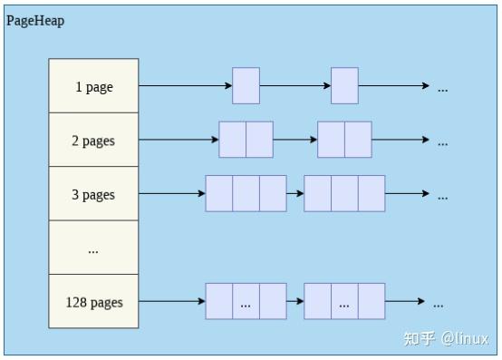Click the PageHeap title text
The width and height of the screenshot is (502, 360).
tap(36, 20)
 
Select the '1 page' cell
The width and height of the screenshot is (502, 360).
tap(93, 86)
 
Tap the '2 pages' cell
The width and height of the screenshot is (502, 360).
tap(93, 141)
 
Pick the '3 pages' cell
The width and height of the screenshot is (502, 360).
tap(93, 194)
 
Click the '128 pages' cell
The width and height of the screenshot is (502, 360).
tap(93, 301)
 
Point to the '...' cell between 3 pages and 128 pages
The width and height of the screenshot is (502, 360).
tap(93, 248)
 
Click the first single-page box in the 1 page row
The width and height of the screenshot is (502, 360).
tap(246, 86)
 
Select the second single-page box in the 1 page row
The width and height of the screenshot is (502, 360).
tap(344, 86)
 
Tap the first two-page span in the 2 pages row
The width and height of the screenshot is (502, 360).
tap(246, 141)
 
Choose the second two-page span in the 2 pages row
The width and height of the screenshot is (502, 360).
tap(344, 141)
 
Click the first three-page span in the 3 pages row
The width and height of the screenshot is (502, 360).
tap(246, 194)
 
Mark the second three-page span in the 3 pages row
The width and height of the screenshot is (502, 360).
tap(344, 194)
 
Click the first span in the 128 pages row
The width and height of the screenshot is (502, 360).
tap(246, 301)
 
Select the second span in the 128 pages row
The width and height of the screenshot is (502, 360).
tap(344, 301)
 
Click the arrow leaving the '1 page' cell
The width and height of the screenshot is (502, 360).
tap(185, 86)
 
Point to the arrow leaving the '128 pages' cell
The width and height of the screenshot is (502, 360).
tap(172, 301)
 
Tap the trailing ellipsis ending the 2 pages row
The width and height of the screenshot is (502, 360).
tap(443, 142)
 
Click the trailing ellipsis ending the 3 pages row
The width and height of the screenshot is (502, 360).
tap(443, 196)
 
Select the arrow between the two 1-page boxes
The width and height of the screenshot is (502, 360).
tap(294, 86)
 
